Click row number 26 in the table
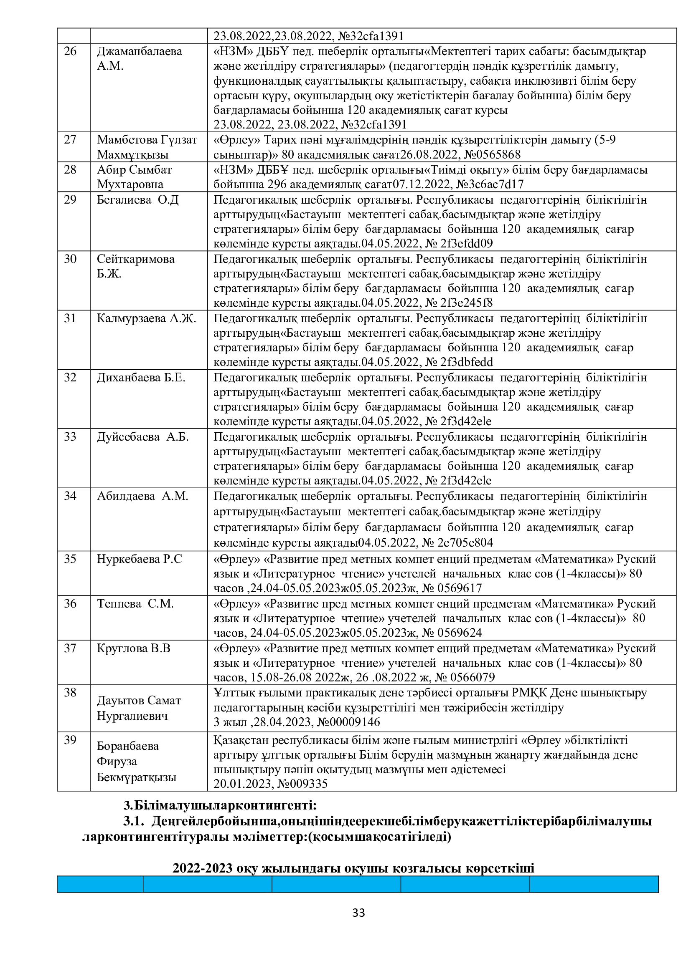click(x=70, y=51)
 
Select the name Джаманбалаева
click(x=140, y=51)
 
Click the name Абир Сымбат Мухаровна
click(x=135, y=177)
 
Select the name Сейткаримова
click(x=136, y=259)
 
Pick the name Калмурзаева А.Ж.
click(x=146, y=318)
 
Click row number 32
click(x=70, y=378)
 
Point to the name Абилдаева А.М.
click(x=142, y=496)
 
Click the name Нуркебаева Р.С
click(x=140, y=559)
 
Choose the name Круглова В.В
click(x=134, y=648)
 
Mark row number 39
click(x=70, y=740)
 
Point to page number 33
click(x=359, y=913)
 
